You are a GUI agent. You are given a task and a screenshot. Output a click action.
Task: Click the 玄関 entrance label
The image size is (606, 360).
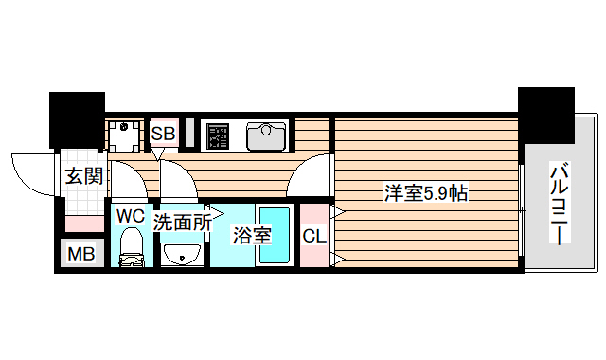[x=83, y=175]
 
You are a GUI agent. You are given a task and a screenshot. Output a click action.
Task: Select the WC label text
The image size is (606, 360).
[x=130, y=216]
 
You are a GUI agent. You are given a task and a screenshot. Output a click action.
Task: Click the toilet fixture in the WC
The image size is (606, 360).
[x=132, y=249]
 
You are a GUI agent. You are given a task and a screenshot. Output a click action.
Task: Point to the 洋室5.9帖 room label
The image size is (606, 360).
[x=426, y=193]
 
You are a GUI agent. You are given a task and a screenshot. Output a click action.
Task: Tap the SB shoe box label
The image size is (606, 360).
[x=163, y=134]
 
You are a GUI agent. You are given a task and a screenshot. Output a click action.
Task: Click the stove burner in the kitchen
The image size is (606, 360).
[x=219, y=135]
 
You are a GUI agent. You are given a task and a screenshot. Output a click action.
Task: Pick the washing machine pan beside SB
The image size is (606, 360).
[x=122, y=135]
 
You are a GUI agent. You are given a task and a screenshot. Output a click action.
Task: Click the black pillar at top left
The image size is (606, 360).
[x=78, y=118]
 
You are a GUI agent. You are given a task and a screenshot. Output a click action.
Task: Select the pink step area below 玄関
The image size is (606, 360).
[x=83, y=225]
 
